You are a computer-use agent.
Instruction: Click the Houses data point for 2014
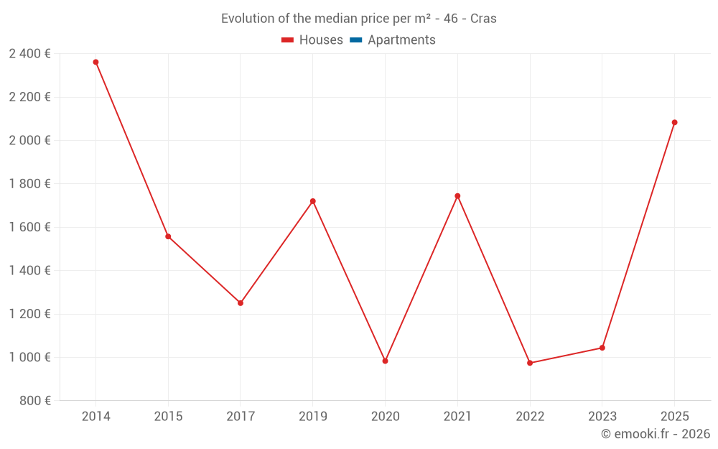pyautogui.click(x=95, y=62)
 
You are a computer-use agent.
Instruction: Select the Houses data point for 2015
pyautogui.click(x=168, y=236)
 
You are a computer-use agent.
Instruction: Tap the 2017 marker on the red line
pyautogui.click(x=241, y=303)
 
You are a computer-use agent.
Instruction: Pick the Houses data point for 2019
pyautogui.click(x=313, y=201)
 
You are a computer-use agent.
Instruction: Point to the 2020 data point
pyautogui.click(x=385, y=361)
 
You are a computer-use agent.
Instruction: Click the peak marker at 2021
pyautogui.click(x=457, y=195)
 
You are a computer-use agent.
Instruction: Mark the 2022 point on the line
pyautogui.click(x=530, y=363)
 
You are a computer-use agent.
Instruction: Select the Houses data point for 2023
pyautogui.click(x=602, y=348)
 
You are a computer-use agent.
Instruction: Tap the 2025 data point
pyautogui.click(x=674, y=122)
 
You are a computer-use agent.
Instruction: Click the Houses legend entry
pyautogui.click(x=312, y=40)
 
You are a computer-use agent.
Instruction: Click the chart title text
pyautogui.click(x=358, y=19)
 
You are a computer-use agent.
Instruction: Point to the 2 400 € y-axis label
pyautogui.click(x=29, y=54)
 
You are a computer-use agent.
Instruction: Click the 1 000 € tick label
pyautogui.click(x=29, y=357)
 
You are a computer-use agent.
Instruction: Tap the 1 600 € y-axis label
pyautogui.click(x=29, y=227)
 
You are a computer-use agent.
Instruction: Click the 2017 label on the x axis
pyautogui.click(x=241, y=417)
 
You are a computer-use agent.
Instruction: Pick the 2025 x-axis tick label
pyautogui.click(x=674, y=417)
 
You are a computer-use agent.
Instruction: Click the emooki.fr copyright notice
pyautogui.click(x=655, y=434)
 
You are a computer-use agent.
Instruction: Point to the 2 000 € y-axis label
pyautogui.click(x=29, y=140)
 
